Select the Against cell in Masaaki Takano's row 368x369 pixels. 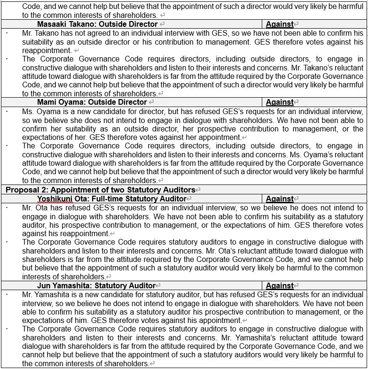coord(280,24)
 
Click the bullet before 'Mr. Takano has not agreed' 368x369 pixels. coord(7,33)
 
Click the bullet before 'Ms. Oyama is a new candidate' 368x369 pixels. coord(7,111)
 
